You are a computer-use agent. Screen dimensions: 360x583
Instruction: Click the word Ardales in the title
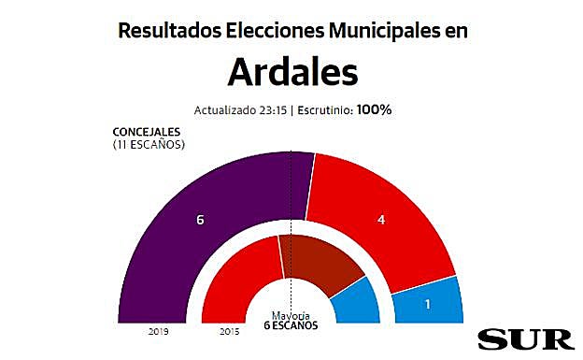291,71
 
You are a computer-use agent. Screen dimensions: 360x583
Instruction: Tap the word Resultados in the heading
169,30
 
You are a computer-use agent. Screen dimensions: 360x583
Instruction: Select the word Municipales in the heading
386,30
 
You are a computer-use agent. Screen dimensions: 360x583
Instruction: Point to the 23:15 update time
272,109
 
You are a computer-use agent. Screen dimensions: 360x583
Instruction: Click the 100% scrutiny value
373,109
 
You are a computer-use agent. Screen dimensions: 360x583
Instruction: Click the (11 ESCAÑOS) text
148,145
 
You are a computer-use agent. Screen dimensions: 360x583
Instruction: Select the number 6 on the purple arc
200,221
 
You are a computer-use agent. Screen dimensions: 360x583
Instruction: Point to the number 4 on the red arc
380,221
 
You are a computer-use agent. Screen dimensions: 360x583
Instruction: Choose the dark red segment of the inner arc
318,257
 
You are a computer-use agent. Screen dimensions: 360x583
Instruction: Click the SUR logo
521,338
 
